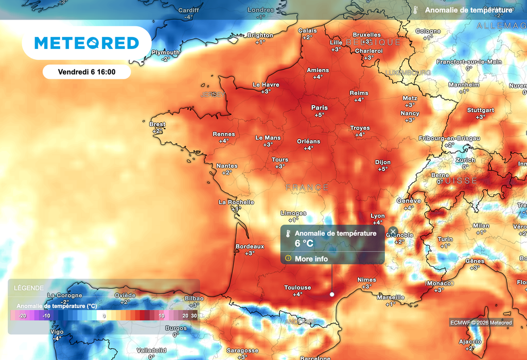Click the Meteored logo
coord(86,43)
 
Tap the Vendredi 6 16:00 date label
coord(86,72)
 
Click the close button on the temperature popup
coord(393,232)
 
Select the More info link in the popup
coord(311,259)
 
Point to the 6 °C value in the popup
coord(304,243)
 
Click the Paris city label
coord(319,108)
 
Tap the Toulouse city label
coord(297,287)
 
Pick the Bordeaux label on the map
coord(250,247)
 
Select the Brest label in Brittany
coord(157,124)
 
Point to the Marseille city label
coord(391,297)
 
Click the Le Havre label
coord(266,85)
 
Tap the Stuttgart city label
coord(480,110)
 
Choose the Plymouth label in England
coord(166,53)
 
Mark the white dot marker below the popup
coord(332,295)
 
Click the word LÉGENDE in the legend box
coord(29,288)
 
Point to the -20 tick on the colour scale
coord(22,316)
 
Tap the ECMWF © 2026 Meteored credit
coord(481,323)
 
